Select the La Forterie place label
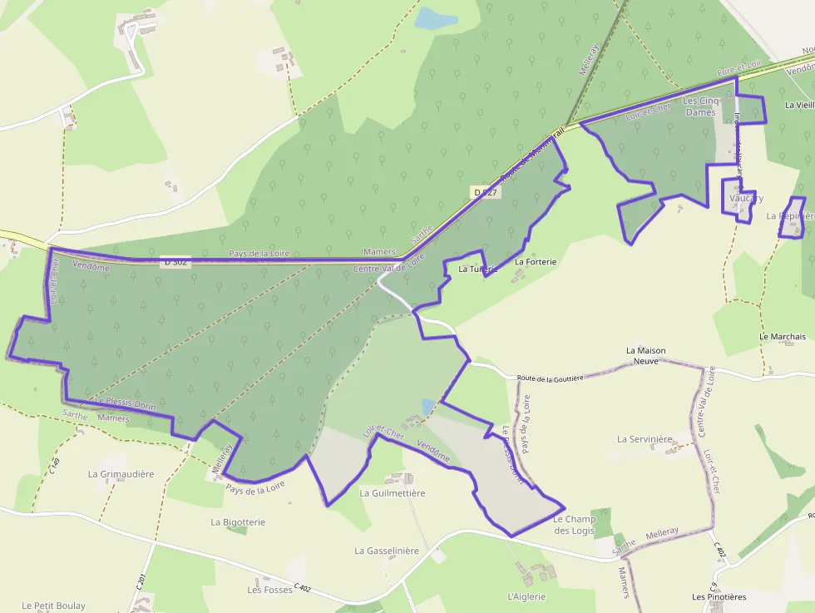[536, 262]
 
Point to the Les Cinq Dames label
[699, 106]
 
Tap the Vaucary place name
[746, 199]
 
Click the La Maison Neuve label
[645, 356]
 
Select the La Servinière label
[645, 438]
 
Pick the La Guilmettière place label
[393, 493]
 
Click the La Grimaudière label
[121, 474]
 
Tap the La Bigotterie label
[238, 522]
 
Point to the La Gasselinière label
[387, 551]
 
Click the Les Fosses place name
[270, 590]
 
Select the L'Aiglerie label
[526, 596]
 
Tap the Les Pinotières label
[719, 597]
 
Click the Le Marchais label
[783, 337]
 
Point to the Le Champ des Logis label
[575, 525]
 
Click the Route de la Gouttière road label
[550, 378]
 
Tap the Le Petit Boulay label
[54, 606]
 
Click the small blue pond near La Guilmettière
[427, 407]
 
